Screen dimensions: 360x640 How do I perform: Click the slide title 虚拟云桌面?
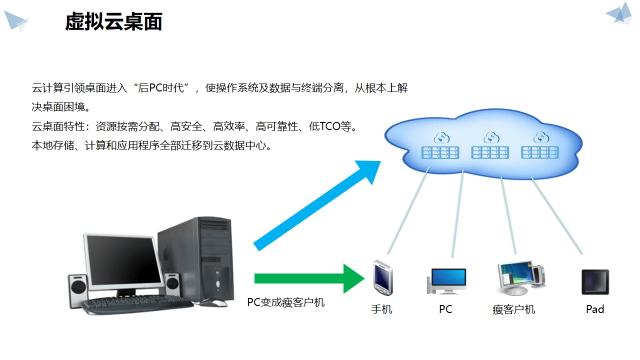(113, 22)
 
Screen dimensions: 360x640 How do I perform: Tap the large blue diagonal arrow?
(315, 205)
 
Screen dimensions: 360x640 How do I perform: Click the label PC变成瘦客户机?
(285, 302)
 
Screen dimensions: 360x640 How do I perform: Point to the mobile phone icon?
(382, 278)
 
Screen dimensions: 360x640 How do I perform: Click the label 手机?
(381, 309)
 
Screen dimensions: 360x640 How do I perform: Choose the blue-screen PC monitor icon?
(446, 280)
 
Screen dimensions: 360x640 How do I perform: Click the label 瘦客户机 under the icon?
(513, 309)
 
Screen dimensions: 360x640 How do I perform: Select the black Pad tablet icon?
(595, 281)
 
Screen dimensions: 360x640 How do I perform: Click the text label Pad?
(595, 309)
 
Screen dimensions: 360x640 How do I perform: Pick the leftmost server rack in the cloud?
(440, 152)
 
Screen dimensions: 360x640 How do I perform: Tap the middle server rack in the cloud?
(490, 152)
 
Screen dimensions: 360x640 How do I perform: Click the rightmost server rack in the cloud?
(539, 152)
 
